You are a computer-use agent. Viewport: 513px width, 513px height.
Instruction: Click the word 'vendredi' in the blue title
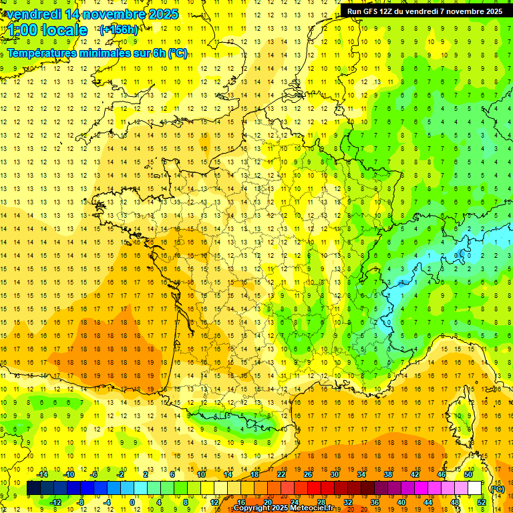tap(34, 14)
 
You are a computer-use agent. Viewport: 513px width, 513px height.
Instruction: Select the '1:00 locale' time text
tap(47, 30)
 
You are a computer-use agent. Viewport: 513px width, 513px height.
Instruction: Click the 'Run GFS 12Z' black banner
tap(425, 11)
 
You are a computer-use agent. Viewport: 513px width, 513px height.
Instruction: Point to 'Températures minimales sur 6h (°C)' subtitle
tap(98, 53)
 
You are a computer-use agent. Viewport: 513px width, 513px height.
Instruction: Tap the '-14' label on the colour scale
tap(42, 474)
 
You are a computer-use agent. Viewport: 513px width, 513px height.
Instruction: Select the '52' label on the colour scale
tap(482, 502)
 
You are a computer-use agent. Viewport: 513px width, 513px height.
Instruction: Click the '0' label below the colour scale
tap(133, 502)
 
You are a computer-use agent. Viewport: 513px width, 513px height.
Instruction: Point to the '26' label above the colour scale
tap(308, 474)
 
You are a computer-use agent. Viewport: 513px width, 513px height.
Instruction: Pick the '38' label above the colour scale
tap(387, 474)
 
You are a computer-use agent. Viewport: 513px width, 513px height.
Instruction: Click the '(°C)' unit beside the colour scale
tap(497, 489)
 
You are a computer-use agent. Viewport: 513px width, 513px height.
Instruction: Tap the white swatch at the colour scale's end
tap(475, 488)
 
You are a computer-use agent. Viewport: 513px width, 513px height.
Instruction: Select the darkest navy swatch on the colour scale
tap(33, 488)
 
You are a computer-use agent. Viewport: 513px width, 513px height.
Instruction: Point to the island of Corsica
tap(459, 411)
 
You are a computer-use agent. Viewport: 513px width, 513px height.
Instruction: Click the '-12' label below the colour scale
tap(55, 502)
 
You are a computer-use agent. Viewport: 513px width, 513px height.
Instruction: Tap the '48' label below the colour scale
tap(455, 502)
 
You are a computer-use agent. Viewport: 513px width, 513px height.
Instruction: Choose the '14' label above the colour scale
tap(228, 474)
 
